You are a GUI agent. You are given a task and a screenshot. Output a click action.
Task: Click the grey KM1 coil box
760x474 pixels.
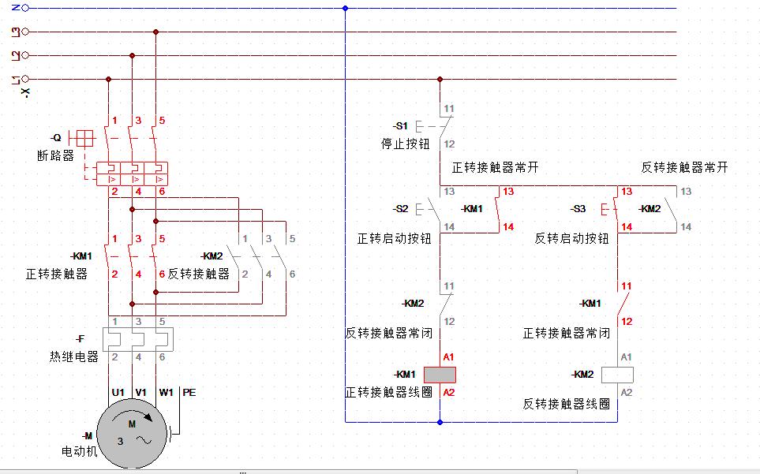point(440,375)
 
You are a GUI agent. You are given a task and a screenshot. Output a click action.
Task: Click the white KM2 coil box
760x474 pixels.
point(617,375)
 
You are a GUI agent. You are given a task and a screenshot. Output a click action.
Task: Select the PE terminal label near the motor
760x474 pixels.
point(189,392)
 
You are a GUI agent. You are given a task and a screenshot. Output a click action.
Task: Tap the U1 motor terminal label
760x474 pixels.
point(118,392)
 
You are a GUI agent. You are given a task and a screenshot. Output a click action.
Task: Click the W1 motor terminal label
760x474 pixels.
point(166,392)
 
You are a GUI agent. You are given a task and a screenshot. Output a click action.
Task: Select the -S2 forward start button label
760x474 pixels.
point(401,209)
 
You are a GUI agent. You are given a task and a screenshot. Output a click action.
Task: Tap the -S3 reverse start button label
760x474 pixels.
point(578,209)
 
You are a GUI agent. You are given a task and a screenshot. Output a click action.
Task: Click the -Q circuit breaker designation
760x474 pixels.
point(55,137)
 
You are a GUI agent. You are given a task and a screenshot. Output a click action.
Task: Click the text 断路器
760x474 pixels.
point(55,155)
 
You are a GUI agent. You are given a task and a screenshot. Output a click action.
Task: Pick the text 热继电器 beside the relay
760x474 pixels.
point(74,356)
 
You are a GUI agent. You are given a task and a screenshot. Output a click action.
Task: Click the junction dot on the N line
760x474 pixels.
point(345,9)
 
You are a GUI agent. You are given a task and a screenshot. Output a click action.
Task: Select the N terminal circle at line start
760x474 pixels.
point(25,8)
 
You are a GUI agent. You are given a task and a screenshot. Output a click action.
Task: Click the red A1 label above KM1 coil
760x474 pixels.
point(448,356)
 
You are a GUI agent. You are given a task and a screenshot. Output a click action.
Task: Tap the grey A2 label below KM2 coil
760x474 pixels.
point(626,392)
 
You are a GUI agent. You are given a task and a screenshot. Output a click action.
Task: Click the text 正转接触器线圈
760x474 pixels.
point(388,392)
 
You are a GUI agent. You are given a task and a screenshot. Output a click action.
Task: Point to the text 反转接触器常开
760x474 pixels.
point(684,167)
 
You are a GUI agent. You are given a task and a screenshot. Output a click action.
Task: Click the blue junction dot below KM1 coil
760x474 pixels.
point(440,422)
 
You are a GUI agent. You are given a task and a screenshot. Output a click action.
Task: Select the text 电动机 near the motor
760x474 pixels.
point(79,452)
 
